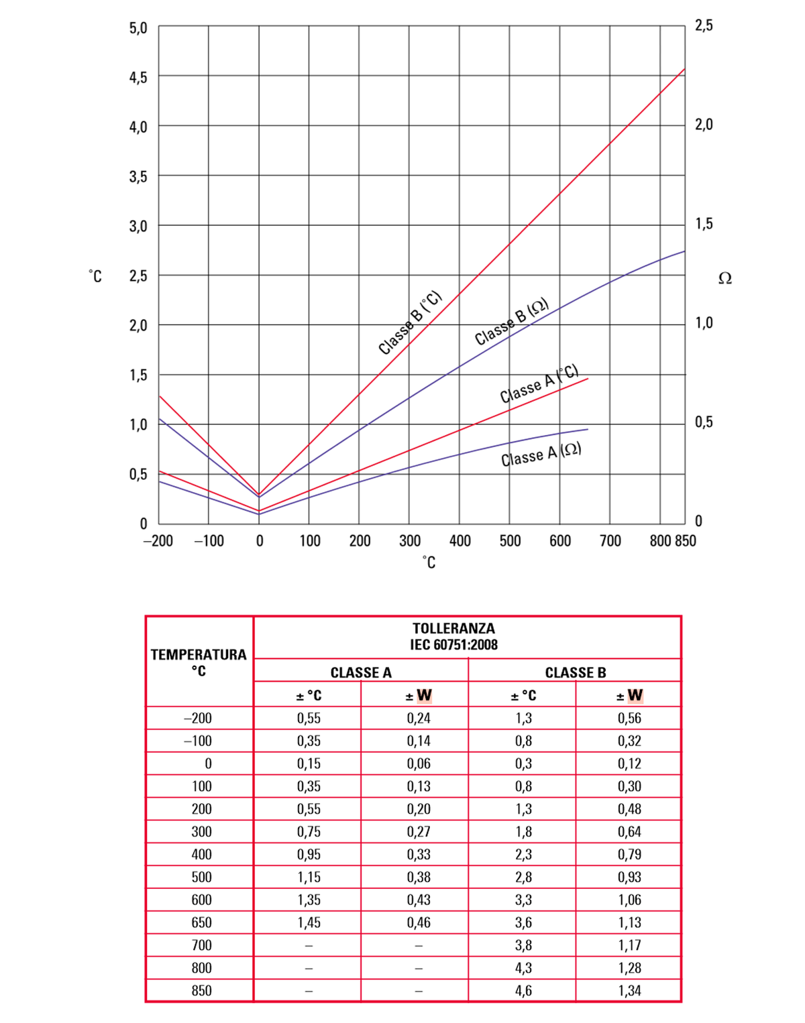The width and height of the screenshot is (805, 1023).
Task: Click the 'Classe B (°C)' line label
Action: point(410,322)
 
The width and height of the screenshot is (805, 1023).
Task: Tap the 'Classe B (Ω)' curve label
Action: point(512,322)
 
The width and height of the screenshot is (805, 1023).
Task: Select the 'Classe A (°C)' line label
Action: point(539,384)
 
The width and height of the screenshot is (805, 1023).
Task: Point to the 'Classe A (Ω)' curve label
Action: point(541,455)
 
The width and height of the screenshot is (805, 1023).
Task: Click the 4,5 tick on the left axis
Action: point(138,77)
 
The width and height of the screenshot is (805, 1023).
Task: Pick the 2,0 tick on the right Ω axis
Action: point(704,125)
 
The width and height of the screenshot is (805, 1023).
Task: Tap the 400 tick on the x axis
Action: point(460,541)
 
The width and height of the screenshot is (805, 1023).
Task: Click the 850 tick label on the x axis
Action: point(685,541)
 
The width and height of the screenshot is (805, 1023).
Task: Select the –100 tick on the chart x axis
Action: point(209,541)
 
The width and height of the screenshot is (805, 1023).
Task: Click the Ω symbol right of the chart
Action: point(724,278)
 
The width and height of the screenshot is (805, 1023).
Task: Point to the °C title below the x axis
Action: point(429,562)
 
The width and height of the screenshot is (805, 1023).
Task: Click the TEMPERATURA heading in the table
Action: point(199,654)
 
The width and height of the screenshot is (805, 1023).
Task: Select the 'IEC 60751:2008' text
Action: point(454,645)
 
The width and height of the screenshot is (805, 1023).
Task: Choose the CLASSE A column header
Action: point(361,672)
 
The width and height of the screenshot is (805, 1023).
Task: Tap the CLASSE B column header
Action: point(575,672)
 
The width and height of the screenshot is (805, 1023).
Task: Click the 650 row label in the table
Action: point(201,922)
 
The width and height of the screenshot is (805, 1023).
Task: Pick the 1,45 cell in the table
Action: point(309,922)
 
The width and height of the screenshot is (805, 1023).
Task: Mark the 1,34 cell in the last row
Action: point(629,991)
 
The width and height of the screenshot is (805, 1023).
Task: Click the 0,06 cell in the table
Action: point(419,764)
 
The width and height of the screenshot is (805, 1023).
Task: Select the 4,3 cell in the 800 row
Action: point(523,968)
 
